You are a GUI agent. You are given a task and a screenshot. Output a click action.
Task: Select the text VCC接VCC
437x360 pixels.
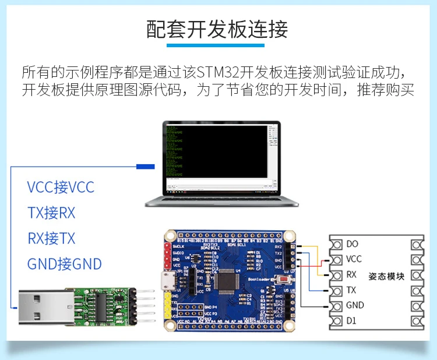pos(61,188)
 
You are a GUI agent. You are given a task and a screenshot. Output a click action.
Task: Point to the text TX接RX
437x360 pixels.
pos(51,213)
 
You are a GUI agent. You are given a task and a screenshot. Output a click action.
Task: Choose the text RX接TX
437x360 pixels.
pos(51,239)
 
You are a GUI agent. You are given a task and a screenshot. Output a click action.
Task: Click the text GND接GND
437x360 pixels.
pos(64,264)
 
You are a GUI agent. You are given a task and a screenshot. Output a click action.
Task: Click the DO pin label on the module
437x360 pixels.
pos(352,244)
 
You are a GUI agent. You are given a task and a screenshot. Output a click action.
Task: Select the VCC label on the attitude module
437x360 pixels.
pos(354,259)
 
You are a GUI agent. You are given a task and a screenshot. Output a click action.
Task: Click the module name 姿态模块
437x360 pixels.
pos(386,276)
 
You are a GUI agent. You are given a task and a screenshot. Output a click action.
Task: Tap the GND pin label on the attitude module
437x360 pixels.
pos(355,305)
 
